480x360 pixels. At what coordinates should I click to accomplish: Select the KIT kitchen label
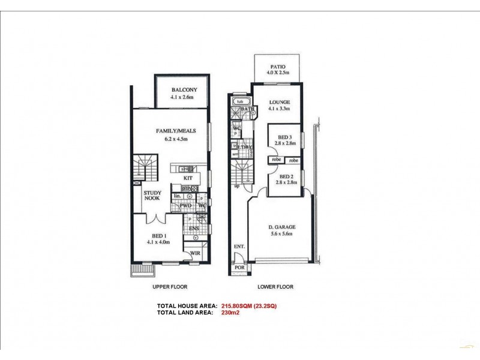tap(188, 179)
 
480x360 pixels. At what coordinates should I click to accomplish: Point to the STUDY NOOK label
tap(151, 195)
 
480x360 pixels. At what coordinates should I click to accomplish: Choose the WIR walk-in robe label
tap(195, 254)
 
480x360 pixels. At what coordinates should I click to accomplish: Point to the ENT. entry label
tap(239, 247)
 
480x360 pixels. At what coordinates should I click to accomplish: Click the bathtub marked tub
tap(239, 102)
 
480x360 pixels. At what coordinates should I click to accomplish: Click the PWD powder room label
tap(185, 205)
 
